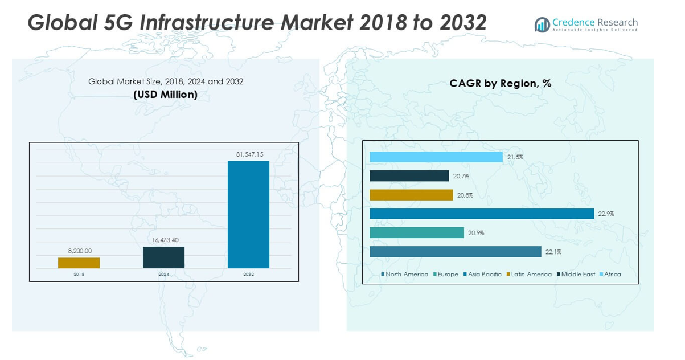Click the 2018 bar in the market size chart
79,263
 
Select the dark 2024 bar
163,257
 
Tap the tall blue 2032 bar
248,214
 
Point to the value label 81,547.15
249,154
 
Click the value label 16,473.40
164,240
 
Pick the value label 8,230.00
79,251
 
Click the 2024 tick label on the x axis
164,275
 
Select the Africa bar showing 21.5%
436,157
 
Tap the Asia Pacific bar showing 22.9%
481,214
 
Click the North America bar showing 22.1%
455,252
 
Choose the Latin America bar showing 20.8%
411,195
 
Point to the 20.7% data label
461,176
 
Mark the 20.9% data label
476,233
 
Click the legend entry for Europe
448,275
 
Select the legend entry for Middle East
578,275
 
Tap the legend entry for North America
407,275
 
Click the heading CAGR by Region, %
500,84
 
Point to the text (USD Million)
165,95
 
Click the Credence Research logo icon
542,24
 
